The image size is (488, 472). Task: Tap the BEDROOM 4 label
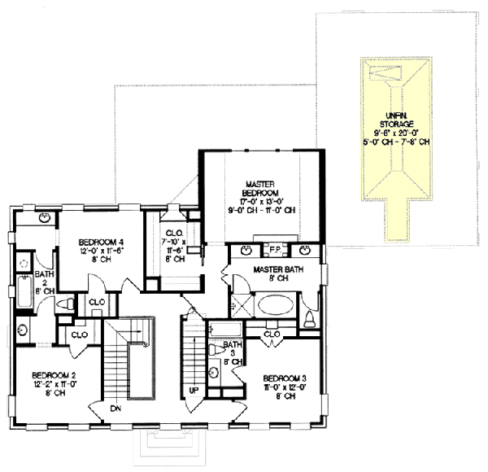coord(102,242)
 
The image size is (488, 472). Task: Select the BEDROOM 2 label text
coord(54,375)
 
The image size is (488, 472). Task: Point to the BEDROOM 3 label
coord(285,378)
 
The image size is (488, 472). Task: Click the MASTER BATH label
coord(278,269)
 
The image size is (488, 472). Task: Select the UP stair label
coord(193,391)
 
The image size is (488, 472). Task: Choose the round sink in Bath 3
coord(213,374)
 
